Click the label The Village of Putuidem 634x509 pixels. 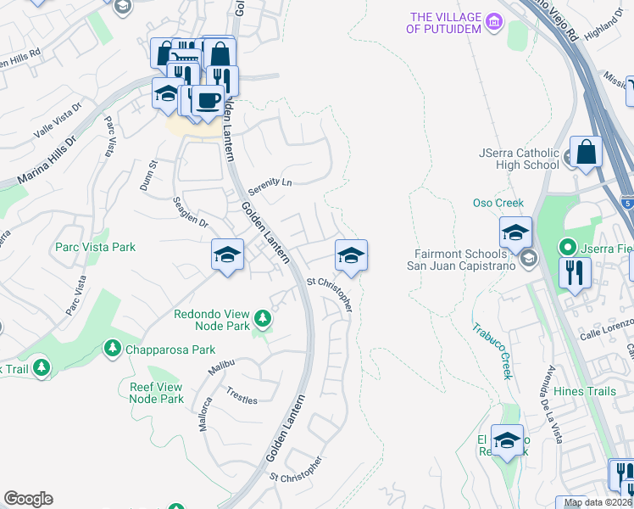pos(444,23)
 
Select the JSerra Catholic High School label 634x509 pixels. pos(518,159)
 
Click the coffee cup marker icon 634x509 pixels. pos(208,100)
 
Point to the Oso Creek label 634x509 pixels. pos(498,203)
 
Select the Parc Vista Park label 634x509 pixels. pos(95,247)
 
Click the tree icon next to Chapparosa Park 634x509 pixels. pos(111,349)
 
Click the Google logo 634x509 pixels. pos(28,499)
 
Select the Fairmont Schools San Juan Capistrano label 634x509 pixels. pos(468,260)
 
